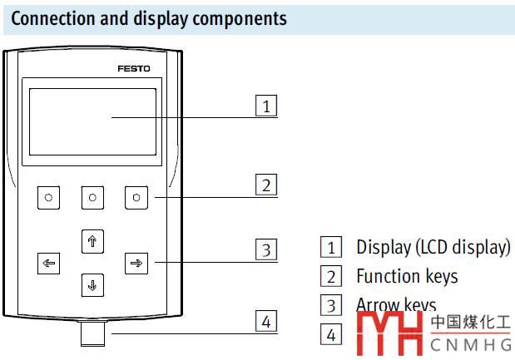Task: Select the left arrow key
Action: (x=48, y=264)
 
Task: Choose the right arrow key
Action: (x=135, y=264)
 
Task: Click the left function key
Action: (x=48, y=197)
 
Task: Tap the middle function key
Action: (x=92, y=197)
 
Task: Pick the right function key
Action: (x=136, y=197)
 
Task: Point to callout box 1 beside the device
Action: (x=265, y=106)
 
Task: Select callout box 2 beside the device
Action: (x=265, y=185)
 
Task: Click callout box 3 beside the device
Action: (x=265, y=249)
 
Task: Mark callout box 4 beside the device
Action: (x=265, y=322)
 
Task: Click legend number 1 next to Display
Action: (x=331, y=247)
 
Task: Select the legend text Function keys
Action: (x=407, y=275)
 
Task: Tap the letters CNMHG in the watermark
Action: (x=470, y=343)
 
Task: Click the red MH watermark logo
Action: (x=390, y=336)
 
